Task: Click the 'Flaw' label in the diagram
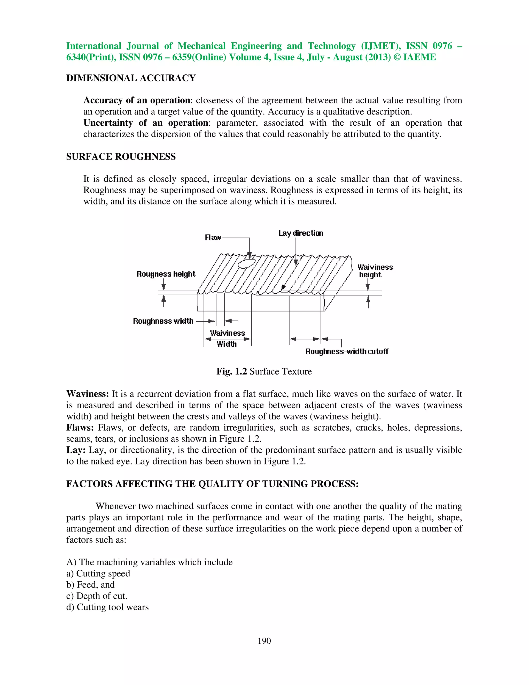[213, 238]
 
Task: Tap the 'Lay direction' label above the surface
[301, 233]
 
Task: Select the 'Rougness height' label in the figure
[166, 274]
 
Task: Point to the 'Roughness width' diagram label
[163, 321]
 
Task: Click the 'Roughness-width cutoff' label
[347, 351]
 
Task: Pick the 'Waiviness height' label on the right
[375, 271]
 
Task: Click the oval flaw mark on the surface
[246, 263]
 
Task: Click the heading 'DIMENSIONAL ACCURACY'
[131, 78]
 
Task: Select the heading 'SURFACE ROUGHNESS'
[121, 156]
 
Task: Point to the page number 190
[264, 641]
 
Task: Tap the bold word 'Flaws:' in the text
[80, 428]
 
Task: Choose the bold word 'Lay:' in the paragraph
[76, 450]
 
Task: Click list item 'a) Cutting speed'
[98, 573]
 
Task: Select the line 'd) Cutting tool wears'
[107, 607]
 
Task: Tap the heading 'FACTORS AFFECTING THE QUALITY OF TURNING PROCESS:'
[212, 484]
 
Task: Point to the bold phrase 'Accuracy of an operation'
[137, 100]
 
